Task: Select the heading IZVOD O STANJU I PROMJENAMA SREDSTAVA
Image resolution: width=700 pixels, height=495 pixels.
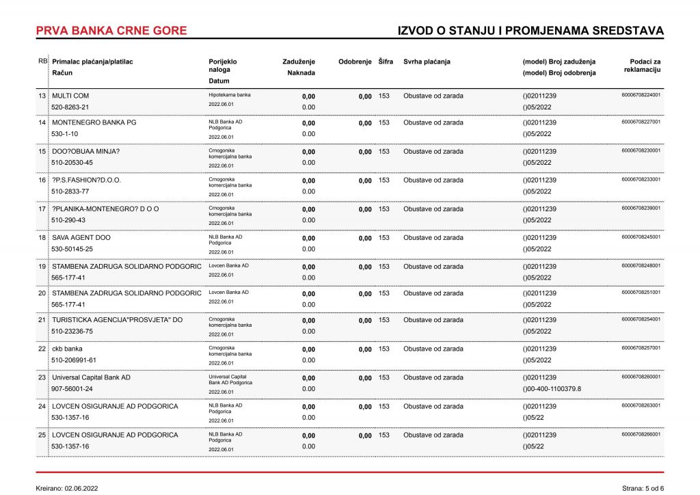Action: tap(530, 31)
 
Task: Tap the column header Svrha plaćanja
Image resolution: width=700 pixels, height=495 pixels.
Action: tap(427, 62)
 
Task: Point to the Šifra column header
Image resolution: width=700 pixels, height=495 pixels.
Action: tap(386, 62)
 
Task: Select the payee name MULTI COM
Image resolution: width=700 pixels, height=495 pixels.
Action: tap(70, 96)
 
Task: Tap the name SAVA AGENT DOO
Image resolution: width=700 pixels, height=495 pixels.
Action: tap(81, 237)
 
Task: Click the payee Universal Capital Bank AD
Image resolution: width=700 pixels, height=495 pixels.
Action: tap(91, 377)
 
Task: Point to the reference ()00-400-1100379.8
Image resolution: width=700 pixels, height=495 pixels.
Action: tap(552, 389)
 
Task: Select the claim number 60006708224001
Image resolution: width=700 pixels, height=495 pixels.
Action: tap(641, 95)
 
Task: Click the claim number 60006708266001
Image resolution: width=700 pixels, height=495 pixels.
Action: tap(641, 434)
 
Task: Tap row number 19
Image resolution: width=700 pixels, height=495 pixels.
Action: tap(42, 266)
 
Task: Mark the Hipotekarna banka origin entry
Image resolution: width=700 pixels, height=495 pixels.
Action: tap(230, 95)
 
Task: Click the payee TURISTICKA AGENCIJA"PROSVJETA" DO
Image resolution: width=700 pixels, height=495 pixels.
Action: tap(118, 320)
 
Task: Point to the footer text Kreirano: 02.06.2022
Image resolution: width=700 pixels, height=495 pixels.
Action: tap(67, 488)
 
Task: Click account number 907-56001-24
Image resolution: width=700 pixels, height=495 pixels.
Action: tap(72, 389)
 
